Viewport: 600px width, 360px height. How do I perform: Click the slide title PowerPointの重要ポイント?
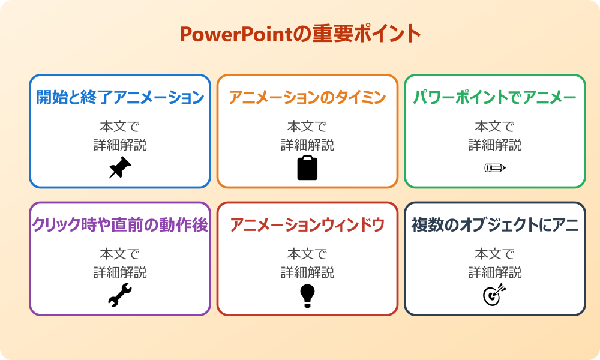tap(300, 34)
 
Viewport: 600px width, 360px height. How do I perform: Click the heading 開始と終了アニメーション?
tap(120, 98)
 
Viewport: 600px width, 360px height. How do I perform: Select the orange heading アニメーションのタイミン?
tap(307, 98)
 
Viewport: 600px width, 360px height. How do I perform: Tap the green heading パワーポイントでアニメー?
tap(495, 98)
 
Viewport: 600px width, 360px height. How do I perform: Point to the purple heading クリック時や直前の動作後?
tap(120, 225)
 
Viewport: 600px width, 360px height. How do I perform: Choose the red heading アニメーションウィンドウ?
tap(307, 225)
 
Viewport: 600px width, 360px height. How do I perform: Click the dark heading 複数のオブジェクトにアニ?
tap(495, 225)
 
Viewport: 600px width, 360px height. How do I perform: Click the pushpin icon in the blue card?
tap(120, 168)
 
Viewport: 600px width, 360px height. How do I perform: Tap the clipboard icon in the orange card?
tap(307, 168)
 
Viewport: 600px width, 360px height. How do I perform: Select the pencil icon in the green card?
tap(495, 167)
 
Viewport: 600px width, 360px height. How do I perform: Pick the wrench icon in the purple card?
tap(120, 295)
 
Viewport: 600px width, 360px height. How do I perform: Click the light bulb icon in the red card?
tap(307, 295)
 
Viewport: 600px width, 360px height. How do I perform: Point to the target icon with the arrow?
tap(495, 295)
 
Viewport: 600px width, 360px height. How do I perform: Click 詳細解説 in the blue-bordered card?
tap(120, 145)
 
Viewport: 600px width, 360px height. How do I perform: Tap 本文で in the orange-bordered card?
tap(307, 127)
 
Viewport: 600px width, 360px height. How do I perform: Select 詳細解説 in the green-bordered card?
tap(495, 145)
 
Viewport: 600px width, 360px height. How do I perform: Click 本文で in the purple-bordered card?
tap(120, 254)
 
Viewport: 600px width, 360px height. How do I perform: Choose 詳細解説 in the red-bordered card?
tap(307, 272)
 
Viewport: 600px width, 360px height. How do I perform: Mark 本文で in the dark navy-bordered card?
tap(495, 254)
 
